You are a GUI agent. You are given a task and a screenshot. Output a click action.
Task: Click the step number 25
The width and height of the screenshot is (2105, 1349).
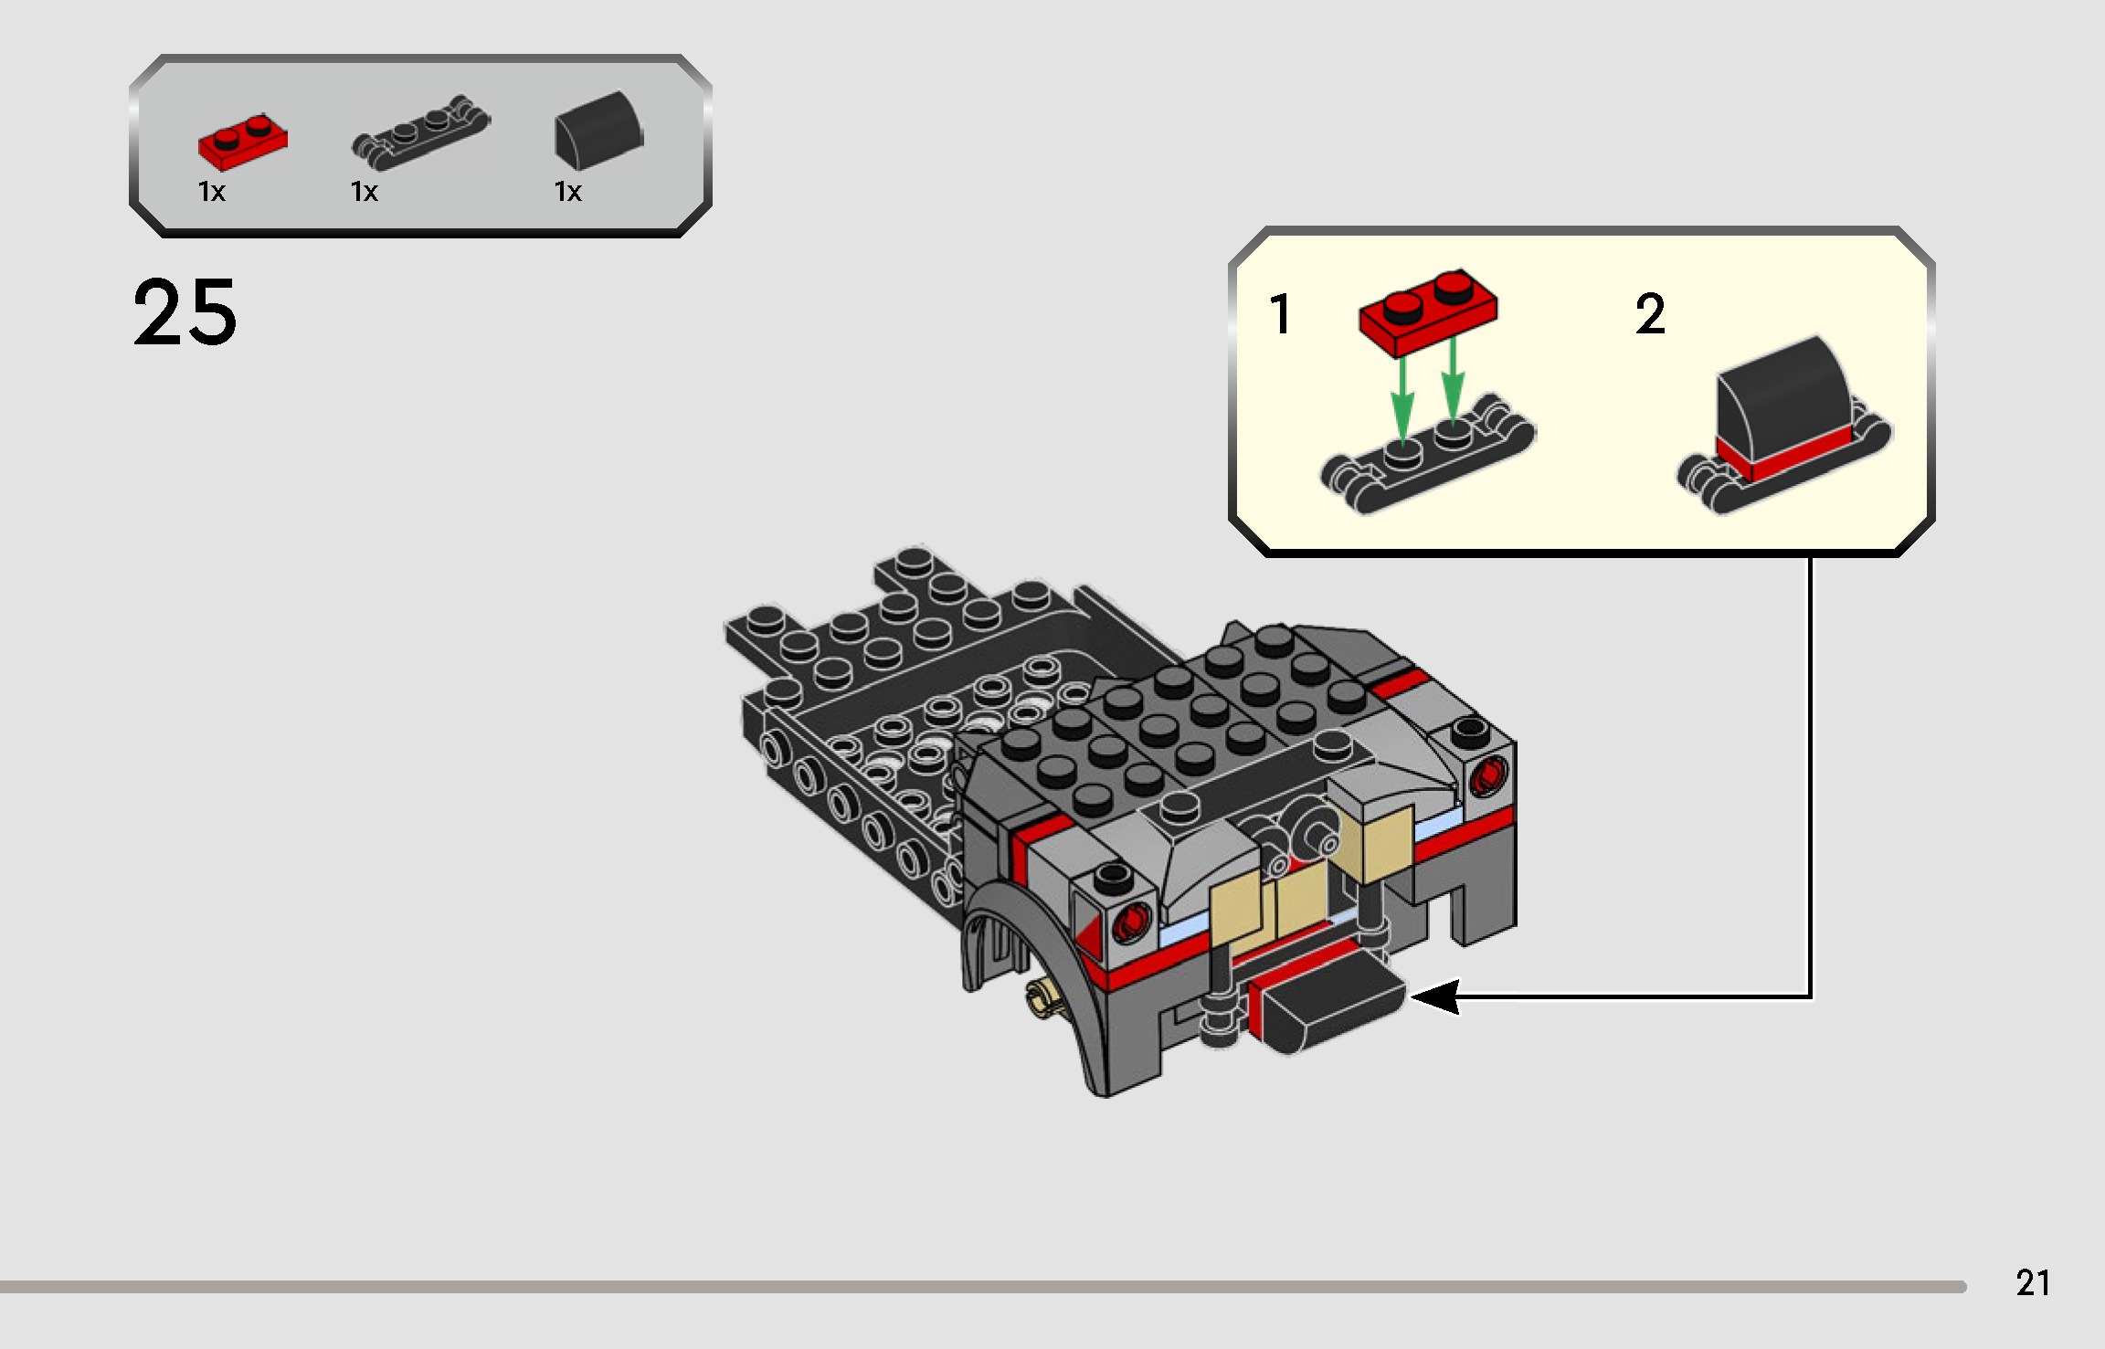[185, 312]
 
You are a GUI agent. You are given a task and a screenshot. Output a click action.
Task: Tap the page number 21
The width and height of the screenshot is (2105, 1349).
[2032, 1283]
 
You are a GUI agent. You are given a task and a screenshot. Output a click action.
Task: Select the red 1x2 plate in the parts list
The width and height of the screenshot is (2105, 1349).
[242, 143]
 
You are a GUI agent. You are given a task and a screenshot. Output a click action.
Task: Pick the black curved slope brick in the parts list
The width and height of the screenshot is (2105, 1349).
[598, 131]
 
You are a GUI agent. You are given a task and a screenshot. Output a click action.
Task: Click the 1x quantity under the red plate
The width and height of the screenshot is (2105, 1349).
[211, 192]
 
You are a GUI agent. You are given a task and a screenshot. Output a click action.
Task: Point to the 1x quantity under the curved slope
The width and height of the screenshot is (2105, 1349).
[567, 192]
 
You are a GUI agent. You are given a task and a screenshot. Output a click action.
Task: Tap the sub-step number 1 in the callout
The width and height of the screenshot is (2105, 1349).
[1279, 314]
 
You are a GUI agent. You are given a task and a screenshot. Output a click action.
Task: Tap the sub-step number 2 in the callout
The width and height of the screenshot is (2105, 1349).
[1650, 314]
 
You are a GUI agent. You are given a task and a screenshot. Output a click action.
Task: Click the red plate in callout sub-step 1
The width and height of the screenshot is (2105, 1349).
[1427, 311]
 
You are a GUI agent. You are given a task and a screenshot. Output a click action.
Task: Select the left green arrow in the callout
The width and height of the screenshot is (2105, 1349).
[1402, 397]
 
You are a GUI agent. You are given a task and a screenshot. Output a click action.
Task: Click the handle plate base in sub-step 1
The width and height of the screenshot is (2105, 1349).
[1425, 461]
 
